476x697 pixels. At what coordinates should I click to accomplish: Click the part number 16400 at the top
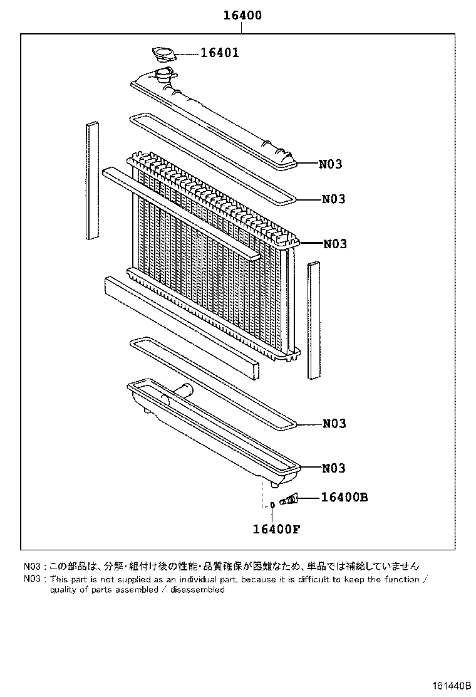point(242,16)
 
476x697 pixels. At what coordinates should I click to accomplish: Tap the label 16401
point(219,53)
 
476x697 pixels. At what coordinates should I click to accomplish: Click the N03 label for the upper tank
point(331,164)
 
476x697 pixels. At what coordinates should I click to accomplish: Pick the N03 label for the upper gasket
point(334,199)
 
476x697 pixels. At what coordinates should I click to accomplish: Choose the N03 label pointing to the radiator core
point(335,244)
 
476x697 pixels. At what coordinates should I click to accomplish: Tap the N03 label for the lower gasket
point(334,424)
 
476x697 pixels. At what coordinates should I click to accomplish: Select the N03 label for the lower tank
point(334,468)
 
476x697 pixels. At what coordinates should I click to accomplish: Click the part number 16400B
point(344,498)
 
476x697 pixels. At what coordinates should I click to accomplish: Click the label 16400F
point(277,528)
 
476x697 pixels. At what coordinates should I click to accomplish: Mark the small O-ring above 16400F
point(273,505)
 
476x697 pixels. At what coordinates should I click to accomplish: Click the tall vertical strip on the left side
point(93,181)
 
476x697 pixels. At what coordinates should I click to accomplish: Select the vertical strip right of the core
point(314,321)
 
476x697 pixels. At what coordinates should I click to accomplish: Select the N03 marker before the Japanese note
point(32,565)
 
